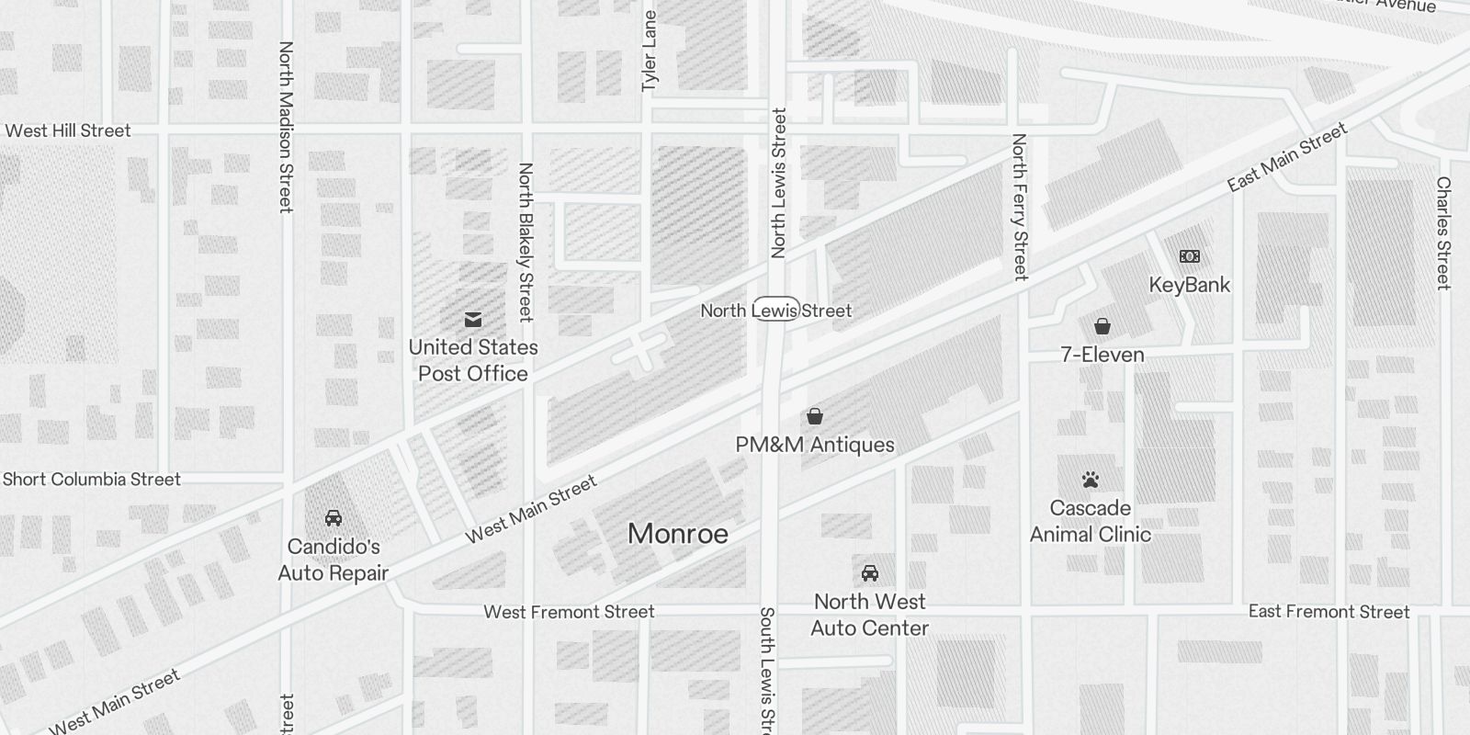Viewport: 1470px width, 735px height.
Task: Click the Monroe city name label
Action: tap(678, 534)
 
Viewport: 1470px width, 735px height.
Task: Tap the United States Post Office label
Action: tap(473, 360)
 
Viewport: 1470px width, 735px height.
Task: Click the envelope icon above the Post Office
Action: tap(473, 320)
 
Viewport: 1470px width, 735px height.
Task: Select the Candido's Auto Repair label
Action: tap(334, 560)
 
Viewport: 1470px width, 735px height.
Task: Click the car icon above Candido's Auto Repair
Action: tap(334, 518)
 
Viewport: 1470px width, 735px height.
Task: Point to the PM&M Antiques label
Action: tap(815, 445)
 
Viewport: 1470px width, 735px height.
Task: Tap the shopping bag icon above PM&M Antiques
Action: tap(814, 416)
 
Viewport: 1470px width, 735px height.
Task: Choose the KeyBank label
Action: tap(1189, 285)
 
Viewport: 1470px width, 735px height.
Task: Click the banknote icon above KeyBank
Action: tap(1189, 256)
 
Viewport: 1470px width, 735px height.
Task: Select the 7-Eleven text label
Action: tap(1102, 355)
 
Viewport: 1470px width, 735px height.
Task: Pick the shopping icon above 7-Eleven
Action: tap(1102, 326)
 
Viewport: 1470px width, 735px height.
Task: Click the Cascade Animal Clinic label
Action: tap(1091, 521)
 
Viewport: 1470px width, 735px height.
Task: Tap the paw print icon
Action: tap(1091, 480)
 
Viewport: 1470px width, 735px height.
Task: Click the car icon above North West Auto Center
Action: tap(869, 573)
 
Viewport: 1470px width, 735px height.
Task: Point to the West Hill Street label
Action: tap(68, 130)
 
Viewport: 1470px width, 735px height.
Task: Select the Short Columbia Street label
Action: tap(92, 479)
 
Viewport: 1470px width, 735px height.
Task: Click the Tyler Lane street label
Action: tap(650, 51)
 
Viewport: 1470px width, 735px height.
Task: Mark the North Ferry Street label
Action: tap(1019, 207)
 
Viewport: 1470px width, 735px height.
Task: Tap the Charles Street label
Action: tap(1443, 233)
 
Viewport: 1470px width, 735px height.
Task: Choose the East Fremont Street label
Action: tap(1329, 612)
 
